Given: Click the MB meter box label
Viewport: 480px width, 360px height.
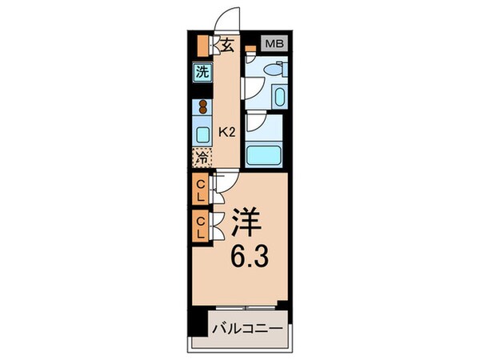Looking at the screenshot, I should [x=274, y=44].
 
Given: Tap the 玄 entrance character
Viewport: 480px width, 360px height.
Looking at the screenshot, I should [x=226, y=45].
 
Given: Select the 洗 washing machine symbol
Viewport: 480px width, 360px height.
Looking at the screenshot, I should [x=202, y=71].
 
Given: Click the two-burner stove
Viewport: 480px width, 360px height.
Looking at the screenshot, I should [x=202, y=107].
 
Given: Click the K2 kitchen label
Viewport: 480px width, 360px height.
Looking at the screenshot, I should [x=227, y=132].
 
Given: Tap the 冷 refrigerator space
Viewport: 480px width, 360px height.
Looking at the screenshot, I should [x=202, y=157].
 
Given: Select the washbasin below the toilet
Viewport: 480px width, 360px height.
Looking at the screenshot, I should [x=277, y=97].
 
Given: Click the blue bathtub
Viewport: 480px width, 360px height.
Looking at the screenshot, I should [x=264, y=155].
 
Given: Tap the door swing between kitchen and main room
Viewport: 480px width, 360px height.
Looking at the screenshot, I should [x=225, y=183].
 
